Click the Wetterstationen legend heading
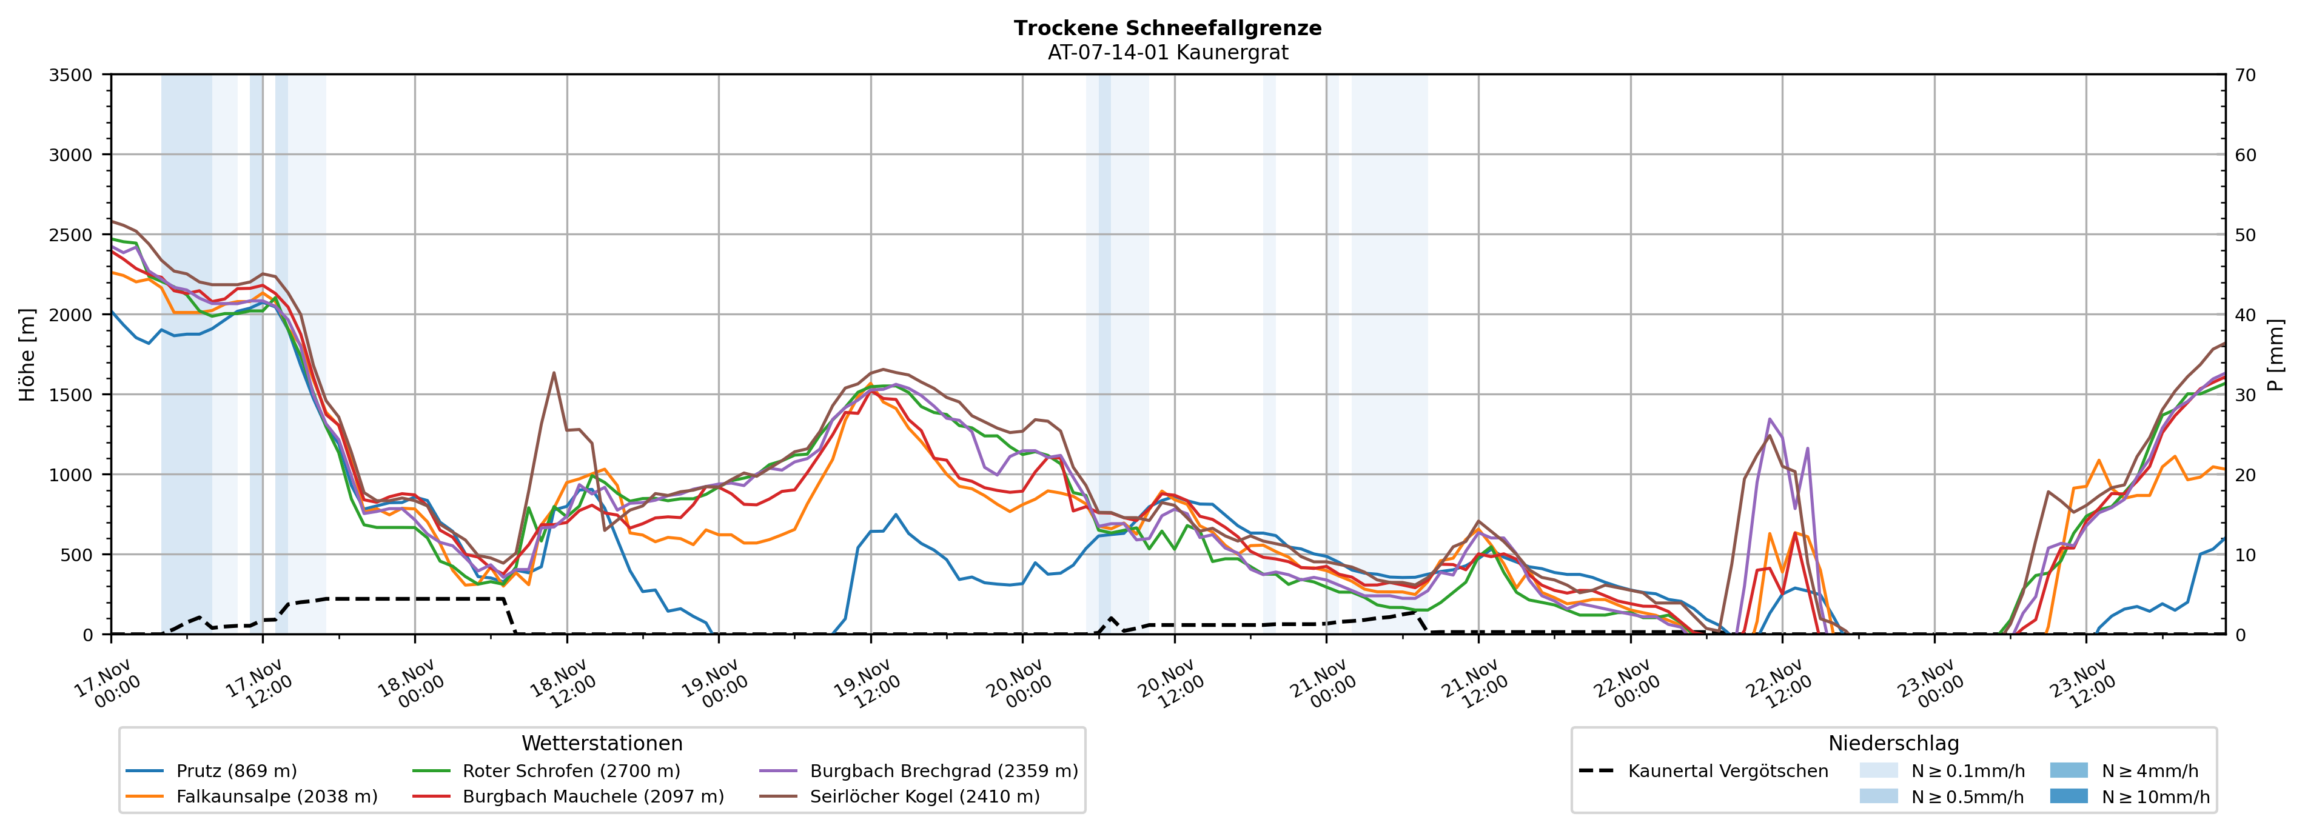pos(602,743)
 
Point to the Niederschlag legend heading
pos(1893,743)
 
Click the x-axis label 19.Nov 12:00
pos(866,684)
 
